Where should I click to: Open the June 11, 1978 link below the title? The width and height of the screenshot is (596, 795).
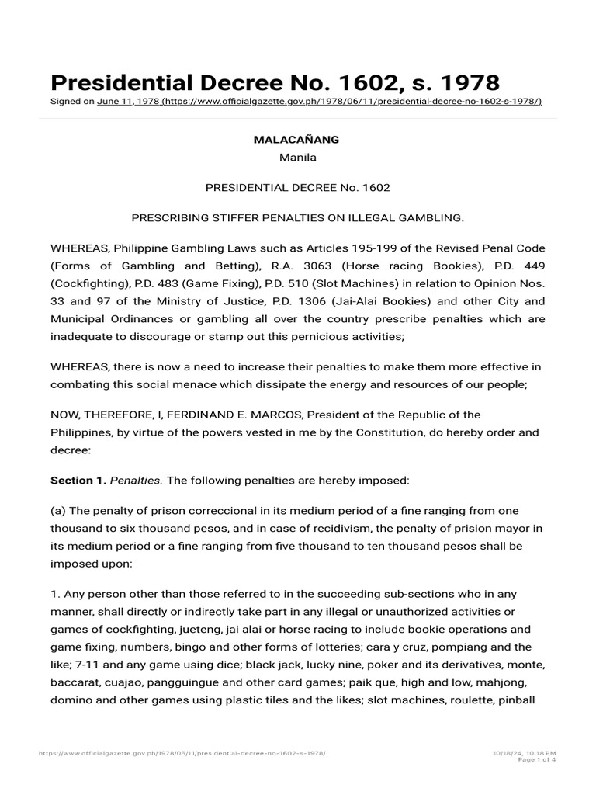click(x=319, y=102)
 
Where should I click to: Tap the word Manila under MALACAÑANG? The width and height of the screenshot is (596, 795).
click(x=297, y=158)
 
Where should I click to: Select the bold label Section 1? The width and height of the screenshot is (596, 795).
click(x=78, y=481)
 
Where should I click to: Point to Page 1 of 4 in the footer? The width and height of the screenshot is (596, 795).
click(x=538, y=760)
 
